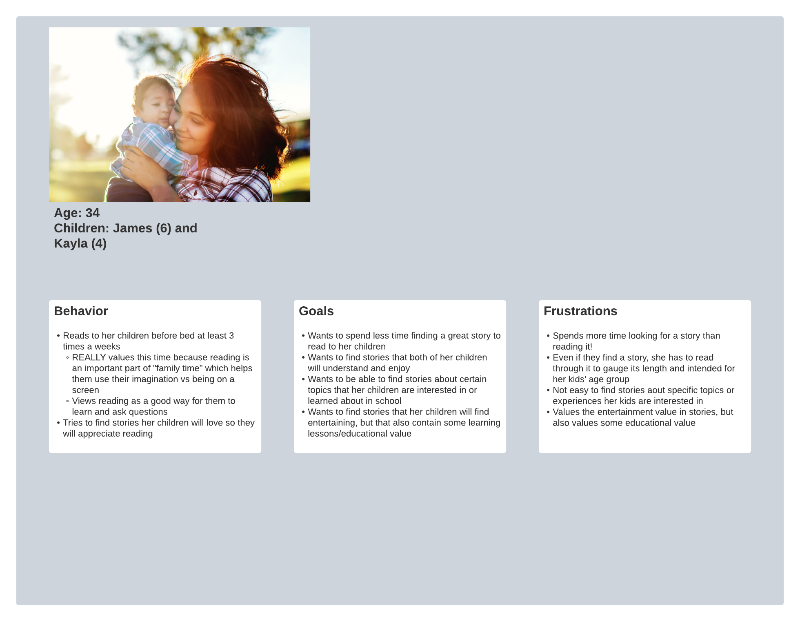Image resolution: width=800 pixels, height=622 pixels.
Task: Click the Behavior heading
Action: pos(81,311)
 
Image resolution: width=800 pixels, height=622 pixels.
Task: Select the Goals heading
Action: pos(316,311)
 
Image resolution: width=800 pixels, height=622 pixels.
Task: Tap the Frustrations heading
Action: pos(580,311)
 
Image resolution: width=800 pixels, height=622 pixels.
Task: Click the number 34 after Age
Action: pos(93,213)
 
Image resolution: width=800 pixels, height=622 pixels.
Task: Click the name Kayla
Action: pos(71,243)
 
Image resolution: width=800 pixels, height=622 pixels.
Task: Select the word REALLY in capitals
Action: pos(89,357)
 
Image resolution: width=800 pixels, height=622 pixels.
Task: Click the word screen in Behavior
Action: pos(86,390)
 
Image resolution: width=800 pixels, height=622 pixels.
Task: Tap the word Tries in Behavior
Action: pos(73,423)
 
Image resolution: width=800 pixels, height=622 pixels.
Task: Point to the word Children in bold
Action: pos(82,228)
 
